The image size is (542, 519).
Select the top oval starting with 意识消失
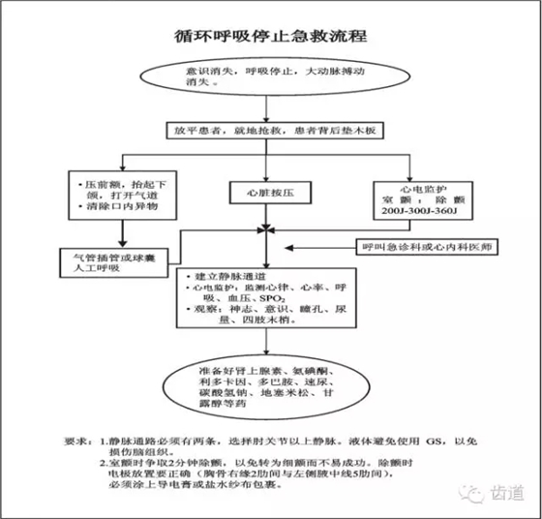coord(271,77)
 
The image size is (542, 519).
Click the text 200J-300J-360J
coord(422,209)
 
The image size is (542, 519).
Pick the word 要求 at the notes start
coord(80,441)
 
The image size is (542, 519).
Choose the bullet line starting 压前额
coord(116,181)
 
